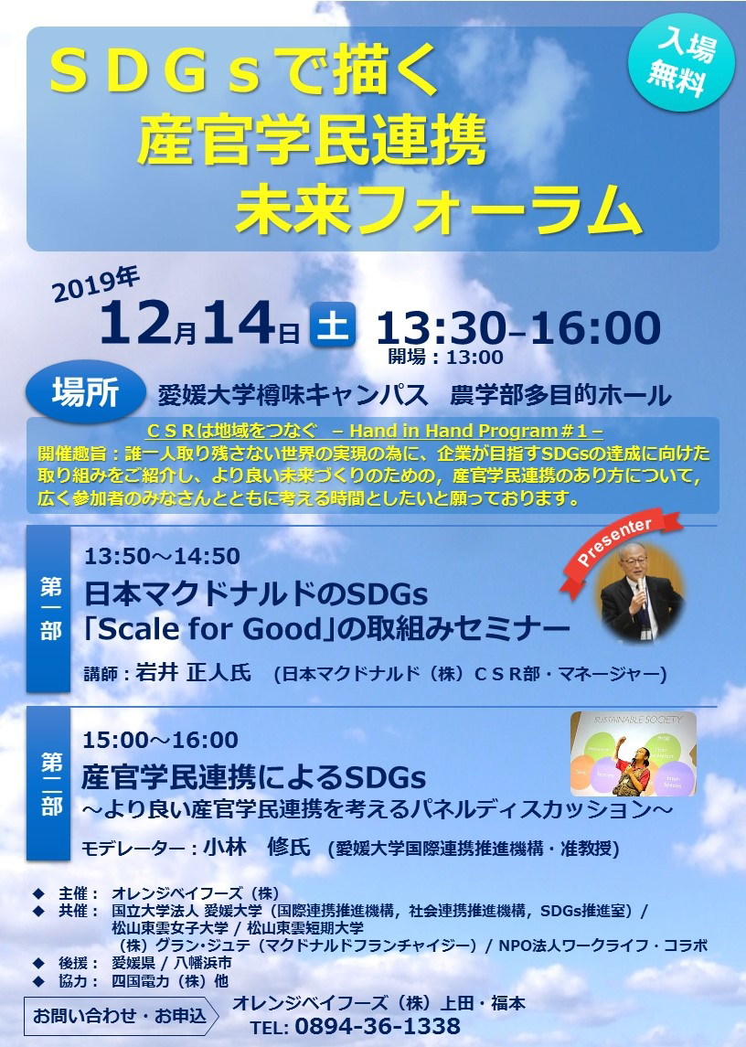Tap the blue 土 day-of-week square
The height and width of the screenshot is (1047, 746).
pyautogui.click(x=332, y=326)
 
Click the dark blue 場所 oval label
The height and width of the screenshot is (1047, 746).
pyautogui.click(x=86, y=392)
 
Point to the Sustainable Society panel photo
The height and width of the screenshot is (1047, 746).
pyautogui.click(x=634, y=753)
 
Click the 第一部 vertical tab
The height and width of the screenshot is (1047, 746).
pyautogui.click(x=48, y=609)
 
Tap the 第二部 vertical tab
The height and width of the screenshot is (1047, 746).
pyautogui.click(x=48, y=784)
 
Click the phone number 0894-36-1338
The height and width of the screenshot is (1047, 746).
pyautogui.click(x=378, y=1026)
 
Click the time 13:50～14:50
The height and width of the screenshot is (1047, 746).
pyautogui.click(x=162, y=556)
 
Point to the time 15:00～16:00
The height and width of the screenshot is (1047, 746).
pyautogui.click(x=160, y=740)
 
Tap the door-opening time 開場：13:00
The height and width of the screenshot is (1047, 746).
pyautogui.click(x=446, y=358)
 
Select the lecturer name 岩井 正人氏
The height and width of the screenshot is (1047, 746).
pyautogui.click(x=193, y=672)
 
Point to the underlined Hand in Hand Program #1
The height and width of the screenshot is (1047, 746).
pyautogui.click(x=476, y=431)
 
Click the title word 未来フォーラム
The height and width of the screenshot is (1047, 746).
pyautogui.click(x=437, y=210)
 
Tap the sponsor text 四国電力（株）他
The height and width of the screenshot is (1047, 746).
pyautogui.click(x=170, y=981)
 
